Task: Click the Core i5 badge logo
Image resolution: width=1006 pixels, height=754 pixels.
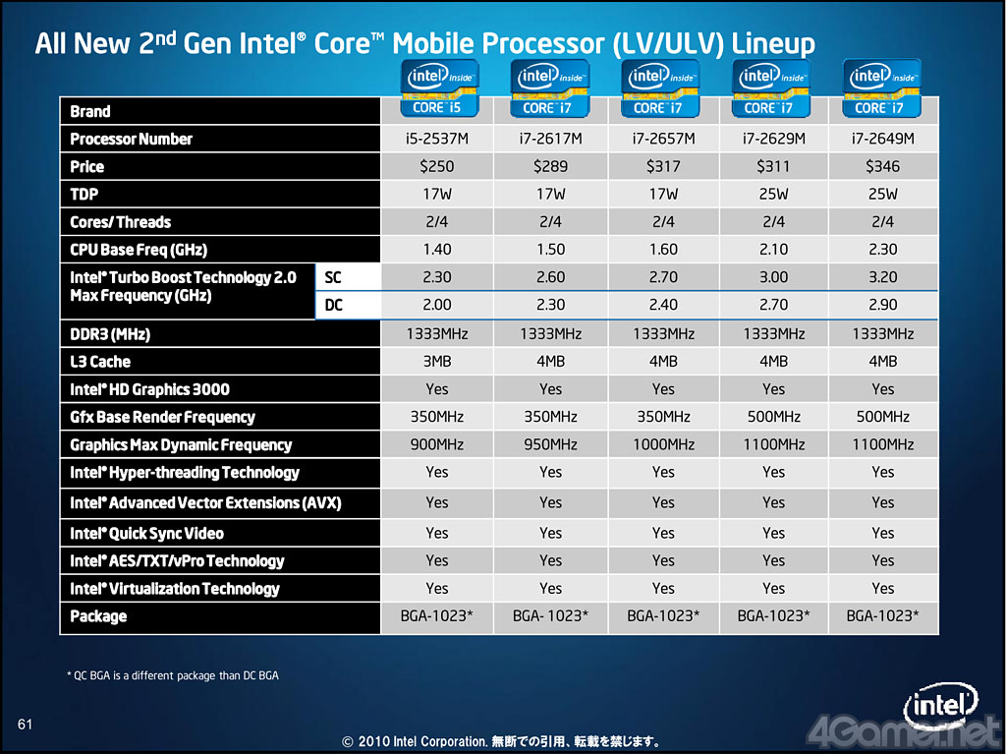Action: pos(439,88)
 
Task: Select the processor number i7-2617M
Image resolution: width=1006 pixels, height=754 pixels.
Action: pos(550,139)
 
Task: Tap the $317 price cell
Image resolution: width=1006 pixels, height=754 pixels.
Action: pos(663,166)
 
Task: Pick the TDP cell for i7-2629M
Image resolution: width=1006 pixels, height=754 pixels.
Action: pos(774,194)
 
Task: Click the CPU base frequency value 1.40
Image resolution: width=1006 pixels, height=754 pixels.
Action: pos(437,249)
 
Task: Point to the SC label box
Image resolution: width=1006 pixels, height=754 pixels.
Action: pos(349,277)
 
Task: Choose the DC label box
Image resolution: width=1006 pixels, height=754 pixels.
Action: pos(349,305)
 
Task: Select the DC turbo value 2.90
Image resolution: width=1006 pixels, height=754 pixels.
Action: pos(883,305)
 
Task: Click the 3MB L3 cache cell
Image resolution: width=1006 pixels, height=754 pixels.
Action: pos(437,362)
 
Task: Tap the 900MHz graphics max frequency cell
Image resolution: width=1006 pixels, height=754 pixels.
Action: pos(437,444)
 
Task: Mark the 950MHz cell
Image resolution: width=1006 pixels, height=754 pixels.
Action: pos(550,444)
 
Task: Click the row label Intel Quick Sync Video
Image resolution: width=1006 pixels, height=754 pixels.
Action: pos(147,533)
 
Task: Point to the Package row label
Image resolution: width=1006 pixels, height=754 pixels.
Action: pos(98,616)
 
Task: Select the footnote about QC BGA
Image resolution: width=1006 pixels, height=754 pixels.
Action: pos(173,675)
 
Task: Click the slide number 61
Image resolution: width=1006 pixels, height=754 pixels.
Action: pos(25,725)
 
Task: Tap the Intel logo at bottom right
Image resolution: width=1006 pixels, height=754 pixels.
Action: pos(940,707)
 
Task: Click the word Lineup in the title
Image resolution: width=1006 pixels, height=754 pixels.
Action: pos(773,43)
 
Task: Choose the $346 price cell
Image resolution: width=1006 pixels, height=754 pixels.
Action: pos(883,166)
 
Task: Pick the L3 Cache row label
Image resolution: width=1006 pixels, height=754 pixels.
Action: pos(100,362)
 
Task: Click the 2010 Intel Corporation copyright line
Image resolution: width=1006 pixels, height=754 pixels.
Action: pos(501,742)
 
